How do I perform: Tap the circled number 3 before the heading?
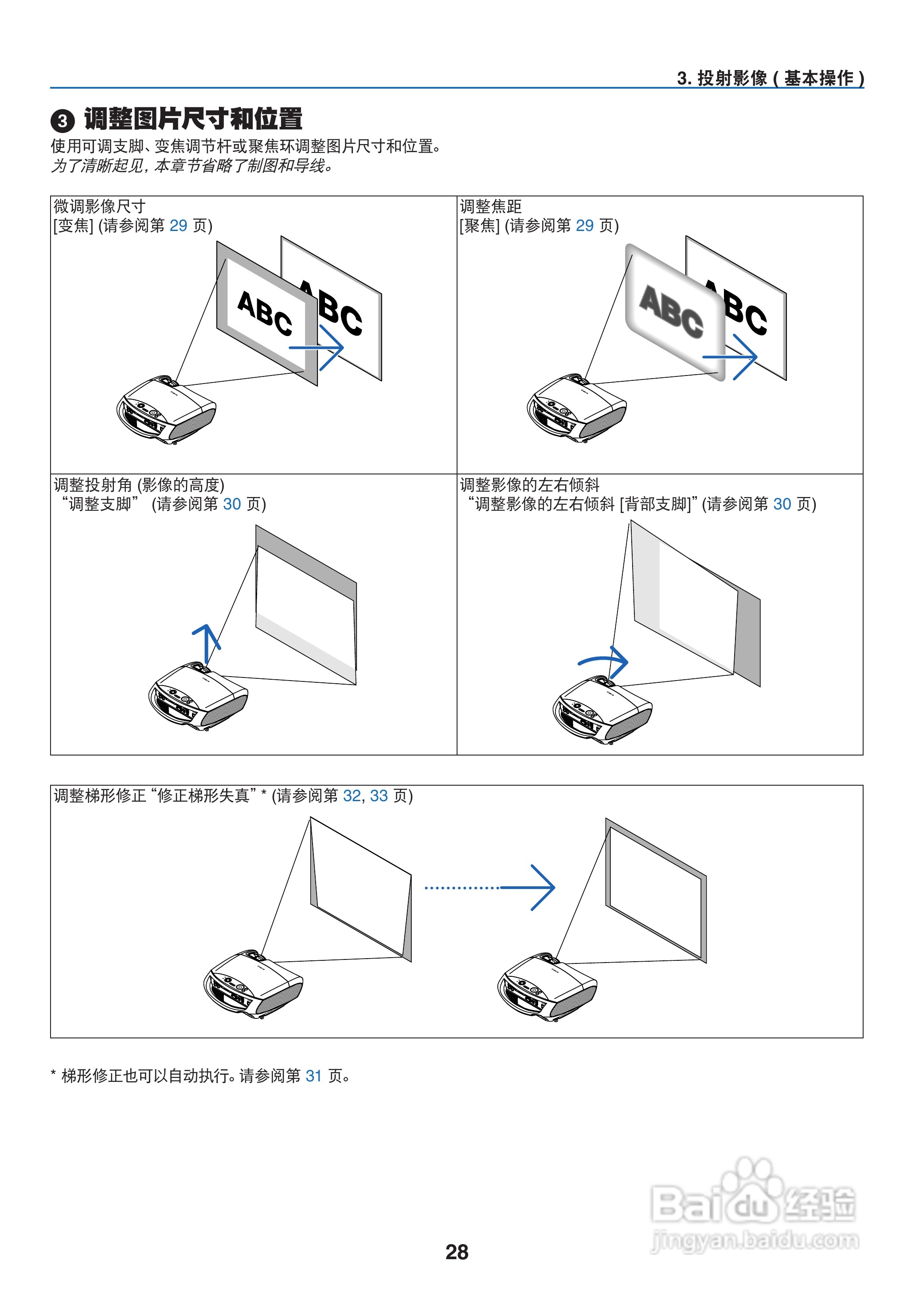63,121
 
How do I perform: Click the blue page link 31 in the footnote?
313,1076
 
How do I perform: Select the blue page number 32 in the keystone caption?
352,795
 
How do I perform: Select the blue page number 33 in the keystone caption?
379,795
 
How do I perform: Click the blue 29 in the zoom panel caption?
178,225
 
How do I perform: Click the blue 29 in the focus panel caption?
584,225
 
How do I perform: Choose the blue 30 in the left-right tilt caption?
782,504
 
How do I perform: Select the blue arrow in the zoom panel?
317,348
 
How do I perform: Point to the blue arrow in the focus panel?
730,356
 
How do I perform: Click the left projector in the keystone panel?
253,983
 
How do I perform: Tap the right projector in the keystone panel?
547,986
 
